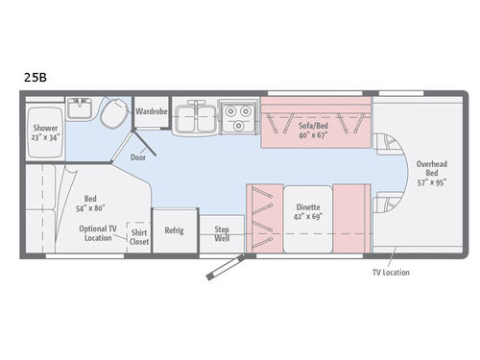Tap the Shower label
click(46, 127)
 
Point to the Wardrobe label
click(152, 111)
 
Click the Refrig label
click(174, 229)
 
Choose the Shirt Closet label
click(139, 235)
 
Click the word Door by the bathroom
click(139, 156)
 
